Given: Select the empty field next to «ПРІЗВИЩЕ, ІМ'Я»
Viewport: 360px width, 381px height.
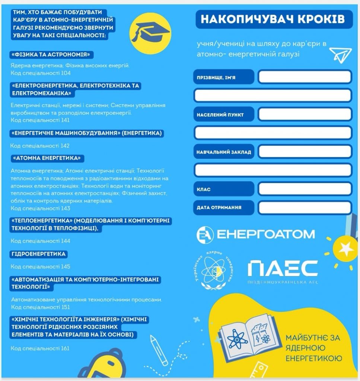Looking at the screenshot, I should tap(305, 77).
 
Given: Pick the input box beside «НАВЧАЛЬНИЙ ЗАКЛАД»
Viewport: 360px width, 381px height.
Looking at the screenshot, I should tap(305, 152).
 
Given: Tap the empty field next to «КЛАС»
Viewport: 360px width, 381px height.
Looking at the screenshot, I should tap(305, 189).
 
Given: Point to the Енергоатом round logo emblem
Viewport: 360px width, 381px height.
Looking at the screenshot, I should tap(205, 234).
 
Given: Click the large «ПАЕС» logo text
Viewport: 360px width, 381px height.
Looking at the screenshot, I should tap(283, 269).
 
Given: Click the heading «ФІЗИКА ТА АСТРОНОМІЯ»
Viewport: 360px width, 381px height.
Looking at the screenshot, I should tap(52, 55).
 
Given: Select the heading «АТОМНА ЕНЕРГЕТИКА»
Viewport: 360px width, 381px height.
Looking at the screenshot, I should tap(47, 158).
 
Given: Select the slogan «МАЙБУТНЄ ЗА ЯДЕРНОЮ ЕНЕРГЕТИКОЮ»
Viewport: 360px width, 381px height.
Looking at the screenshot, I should tap(313, 348).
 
